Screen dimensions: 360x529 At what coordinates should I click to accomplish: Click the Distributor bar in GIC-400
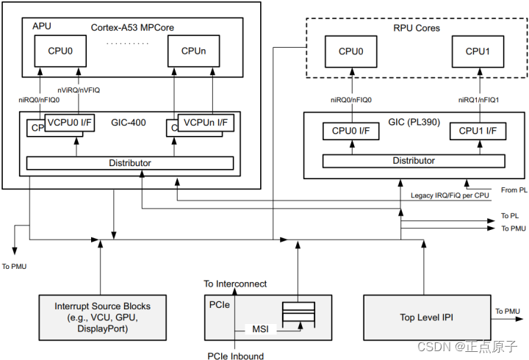pyautogui.click(x=130, y=162)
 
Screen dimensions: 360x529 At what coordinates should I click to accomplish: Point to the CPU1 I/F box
pyautogui.click(x=478, y=132)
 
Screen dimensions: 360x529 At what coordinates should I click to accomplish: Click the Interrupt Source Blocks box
pyautogui.click(x=102, y=317)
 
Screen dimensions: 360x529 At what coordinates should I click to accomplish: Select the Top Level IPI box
pyautogui.click(x=427, y=317)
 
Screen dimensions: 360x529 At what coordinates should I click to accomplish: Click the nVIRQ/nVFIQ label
pyautogui.click(x=79, y=90)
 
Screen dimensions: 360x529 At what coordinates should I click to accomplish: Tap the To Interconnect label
pyautogui.click(x=235, y=284)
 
